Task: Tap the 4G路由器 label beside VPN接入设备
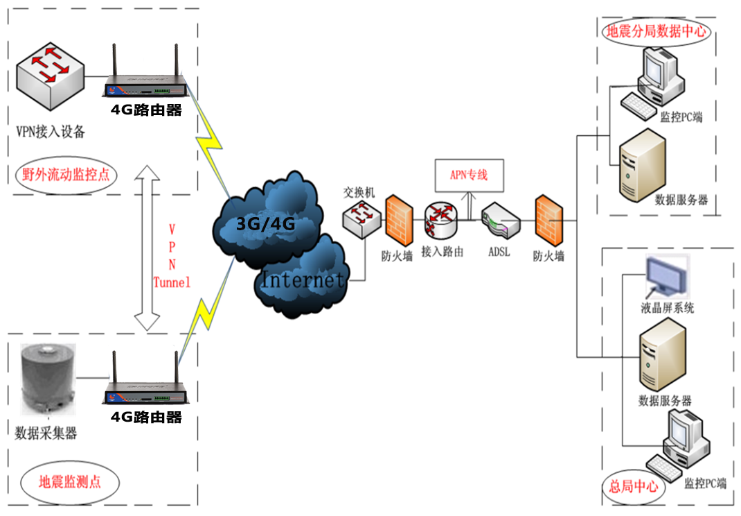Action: coord(146,109)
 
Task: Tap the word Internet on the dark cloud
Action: coord(303,280)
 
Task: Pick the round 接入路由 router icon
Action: coord(441,221)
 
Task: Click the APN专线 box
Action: coord(469,175)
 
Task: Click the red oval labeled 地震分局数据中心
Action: coord(656,31)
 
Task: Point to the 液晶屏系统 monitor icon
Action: coord(668,276)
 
